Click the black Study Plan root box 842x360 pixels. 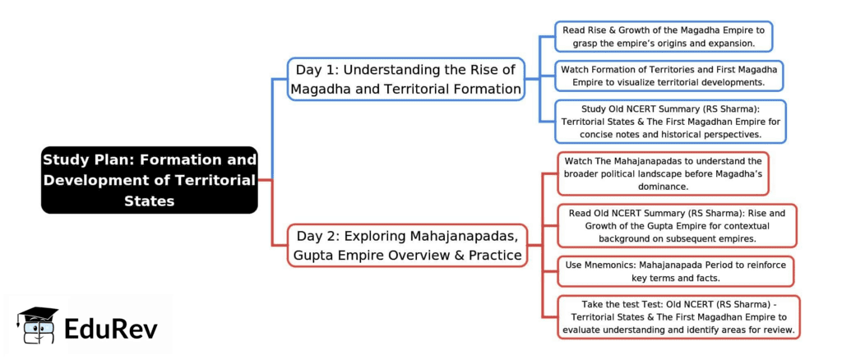tap(150, 179)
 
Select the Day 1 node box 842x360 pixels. tap(406, 79)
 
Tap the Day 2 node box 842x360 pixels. tap(406, 245)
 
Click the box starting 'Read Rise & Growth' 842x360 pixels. tap(663, 36)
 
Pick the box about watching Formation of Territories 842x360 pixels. tap(669, 76)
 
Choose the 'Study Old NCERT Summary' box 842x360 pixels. tap(670, 121)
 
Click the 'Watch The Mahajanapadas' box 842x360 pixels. tap(663, 173)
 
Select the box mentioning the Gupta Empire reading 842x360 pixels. tap(677, 225)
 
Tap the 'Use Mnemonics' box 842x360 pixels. tap(677, 271)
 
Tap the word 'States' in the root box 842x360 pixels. tap(149, 200)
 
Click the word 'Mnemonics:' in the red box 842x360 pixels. tap(616, 265)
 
